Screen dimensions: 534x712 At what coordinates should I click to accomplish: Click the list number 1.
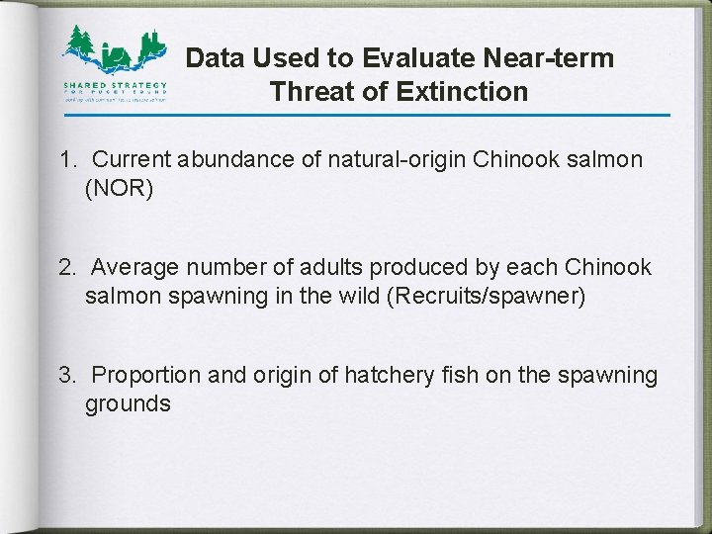click(65, 159)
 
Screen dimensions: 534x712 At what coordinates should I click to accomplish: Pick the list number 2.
click(66, 268)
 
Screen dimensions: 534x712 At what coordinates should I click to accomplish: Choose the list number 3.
click(66, 376)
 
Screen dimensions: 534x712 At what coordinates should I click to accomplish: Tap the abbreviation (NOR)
click(120, 187)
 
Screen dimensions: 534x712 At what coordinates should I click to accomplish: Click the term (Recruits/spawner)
click(495, 296)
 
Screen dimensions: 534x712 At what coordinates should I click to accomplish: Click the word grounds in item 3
click(128, 403)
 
